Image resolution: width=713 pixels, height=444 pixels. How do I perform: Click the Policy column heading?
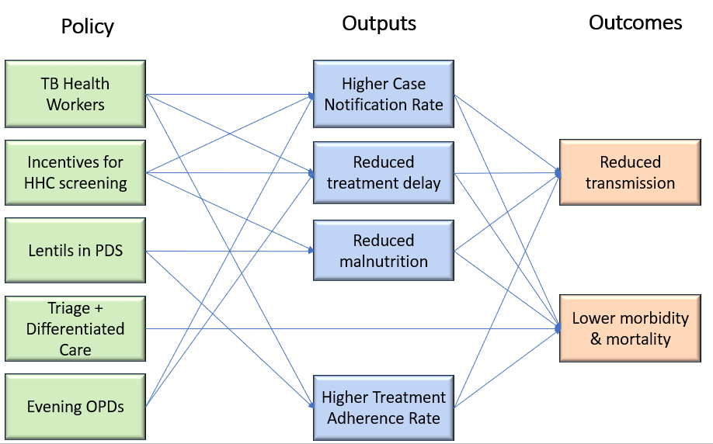click(88, 26)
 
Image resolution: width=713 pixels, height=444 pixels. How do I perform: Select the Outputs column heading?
click(379, 23)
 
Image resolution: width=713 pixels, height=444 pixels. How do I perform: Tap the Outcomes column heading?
click(635, 23)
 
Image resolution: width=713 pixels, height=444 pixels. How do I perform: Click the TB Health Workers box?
click(75, 94)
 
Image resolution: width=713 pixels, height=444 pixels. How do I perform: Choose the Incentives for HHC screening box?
click(75, 172)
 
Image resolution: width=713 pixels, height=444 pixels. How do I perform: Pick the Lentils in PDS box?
click(75, 250)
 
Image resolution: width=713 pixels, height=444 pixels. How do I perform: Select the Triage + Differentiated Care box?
click(75, 328)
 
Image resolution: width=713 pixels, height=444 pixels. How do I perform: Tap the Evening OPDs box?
click(75, 407)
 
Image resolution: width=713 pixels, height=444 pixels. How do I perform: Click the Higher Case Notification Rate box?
click(384, 94)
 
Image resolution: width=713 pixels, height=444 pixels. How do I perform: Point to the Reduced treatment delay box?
click(384, 172)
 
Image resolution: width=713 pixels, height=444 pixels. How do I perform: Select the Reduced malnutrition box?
click(384, 250)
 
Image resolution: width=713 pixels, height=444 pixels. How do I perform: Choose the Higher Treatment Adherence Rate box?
click(384, 408)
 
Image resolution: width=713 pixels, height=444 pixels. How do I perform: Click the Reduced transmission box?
click(630, 172)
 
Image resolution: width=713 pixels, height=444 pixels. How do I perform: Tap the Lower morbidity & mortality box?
click(630, 328)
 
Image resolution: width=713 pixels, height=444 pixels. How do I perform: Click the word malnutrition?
click(384, 261)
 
